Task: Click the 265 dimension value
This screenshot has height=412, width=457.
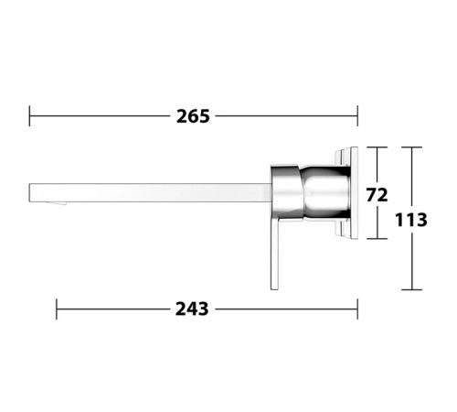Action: pos(193,116)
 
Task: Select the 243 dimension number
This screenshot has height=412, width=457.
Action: pos(192,309)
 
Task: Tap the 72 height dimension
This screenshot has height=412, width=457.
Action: pos(377,195)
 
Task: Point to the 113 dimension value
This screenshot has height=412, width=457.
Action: pos(411,220)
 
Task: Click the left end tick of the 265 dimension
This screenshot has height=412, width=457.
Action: pos(29,116)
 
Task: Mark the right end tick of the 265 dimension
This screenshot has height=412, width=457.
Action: pos(357,116)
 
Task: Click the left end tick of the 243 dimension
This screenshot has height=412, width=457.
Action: pos(57,309)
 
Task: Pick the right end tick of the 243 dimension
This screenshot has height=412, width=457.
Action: pos(357,309)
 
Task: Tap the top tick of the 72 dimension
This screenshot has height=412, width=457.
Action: pos(377,147)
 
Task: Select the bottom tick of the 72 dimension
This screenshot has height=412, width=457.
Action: pos(377,239)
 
